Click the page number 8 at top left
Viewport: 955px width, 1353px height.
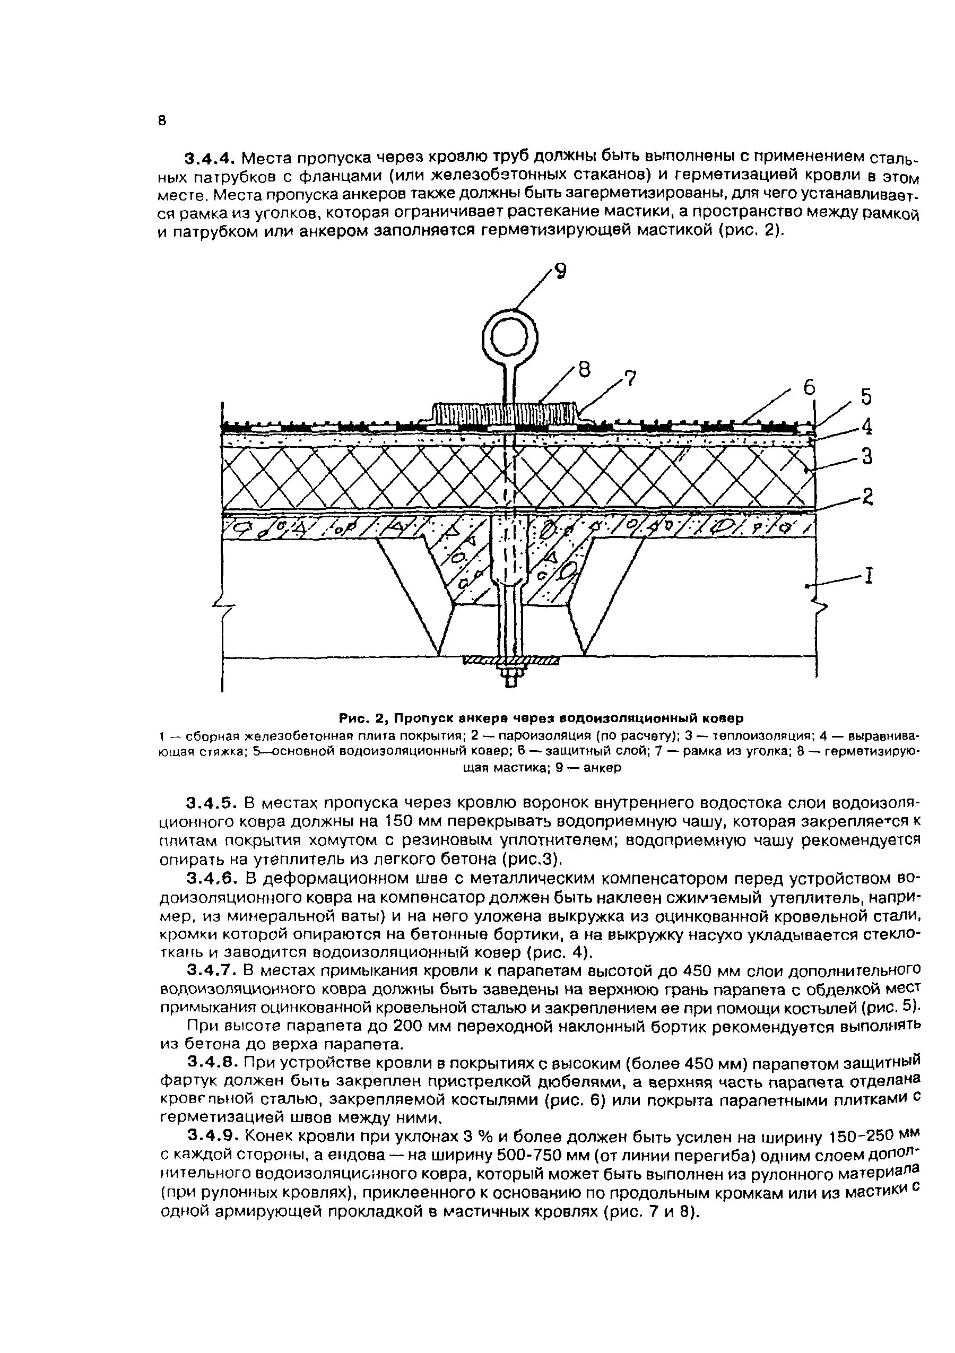pos(162,122)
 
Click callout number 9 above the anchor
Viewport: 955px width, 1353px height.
pos(560,271)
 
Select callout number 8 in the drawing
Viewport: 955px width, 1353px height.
pos(583,370)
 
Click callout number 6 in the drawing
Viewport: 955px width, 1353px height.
pos(810,387)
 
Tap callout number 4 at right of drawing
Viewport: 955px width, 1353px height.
pos(866,426)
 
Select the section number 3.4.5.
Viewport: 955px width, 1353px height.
pos(210,803)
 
